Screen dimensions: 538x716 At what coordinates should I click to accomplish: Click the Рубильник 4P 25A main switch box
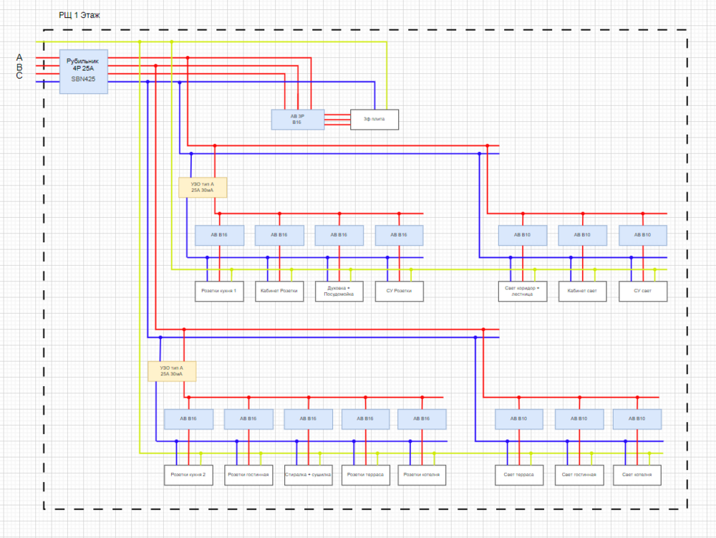84,71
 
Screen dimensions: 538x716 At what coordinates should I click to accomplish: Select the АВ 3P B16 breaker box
297,119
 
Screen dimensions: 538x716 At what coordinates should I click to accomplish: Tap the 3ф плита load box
374,119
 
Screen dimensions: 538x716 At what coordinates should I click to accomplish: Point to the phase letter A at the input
19,57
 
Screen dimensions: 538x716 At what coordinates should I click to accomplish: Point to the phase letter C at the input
19,75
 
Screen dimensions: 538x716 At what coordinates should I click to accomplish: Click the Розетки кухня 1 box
219,291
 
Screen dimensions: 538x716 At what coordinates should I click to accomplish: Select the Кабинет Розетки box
279,291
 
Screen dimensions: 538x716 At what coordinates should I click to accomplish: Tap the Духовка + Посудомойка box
339,291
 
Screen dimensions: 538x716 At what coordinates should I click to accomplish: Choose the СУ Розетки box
400,291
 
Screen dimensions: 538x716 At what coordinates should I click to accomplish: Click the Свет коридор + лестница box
523,291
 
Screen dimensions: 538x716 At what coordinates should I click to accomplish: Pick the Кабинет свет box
583,291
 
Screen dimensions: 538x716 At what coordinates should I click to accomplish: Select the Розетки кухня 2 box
188,475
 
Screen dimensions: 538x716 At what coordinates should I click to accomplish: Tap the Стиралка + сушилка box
308,475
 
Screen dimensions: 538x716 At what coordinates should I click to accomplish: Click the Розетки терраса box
365,475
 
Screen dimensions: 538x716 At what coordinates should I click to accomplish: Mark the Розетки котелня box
422,475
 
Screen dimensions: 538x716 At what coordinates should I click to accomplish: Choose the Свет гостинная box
579,475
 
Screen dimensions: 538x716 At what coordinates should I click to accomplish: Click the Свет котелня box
637,475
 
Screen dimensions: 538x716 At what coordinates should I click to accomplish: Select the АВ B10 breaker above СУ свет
643,235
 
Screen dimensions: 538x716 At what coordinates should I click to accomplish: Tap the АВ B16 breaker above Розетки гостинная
248,419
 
